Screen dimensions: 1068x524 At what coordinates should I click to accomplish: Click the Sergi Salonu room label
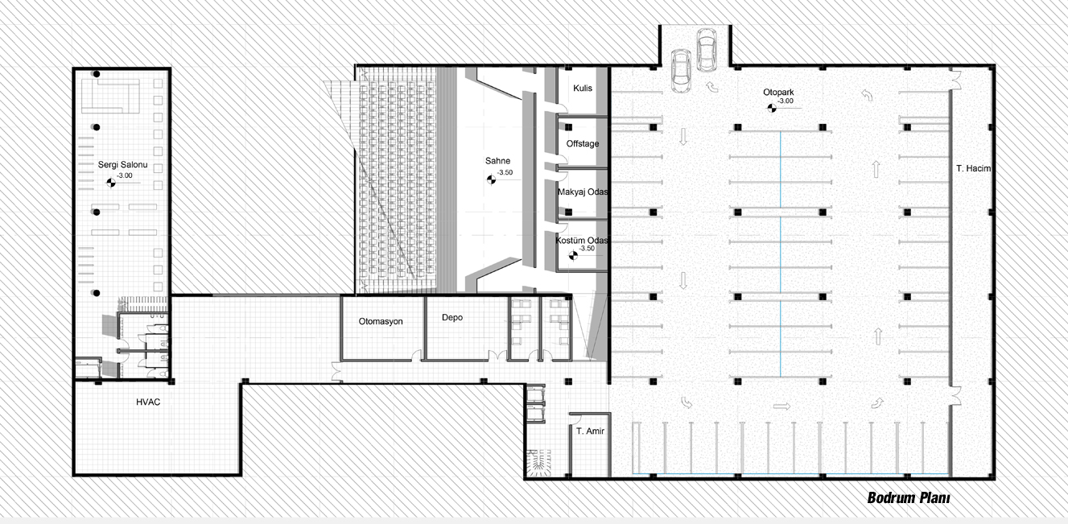point(122,165)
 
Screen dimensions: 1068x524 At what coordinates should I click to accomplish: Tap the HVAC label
point(148,402)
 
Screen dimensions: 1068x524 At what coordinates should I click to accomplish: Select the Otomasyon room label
point(381,321)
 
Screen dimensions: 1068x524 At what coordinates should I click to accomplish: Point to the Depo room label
point(452,318)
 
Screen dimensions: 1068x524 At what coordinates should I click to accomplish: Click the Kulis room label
point(583,89)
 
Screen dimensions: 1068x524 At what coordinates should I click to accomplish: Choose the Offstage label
point(583,143)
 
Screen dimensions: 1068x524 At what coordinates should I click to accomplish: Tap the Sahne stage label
point(497,161)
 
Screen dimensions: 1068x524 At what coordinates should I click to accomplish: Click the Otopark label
point(778,93)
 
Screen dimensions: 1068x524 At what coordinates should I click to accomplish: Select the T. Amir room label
point(590,431)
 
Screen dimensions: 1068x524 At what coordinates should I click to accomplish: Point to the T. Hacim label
point(974,168)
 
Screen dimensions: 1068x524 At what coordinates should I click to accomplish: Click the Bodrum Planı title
point(909,498)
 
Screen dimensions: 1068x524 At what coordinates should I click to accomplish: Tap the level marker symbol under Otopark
point(771,108)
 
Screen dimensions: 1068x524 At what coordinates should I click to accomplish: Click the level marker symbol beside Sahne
point(491,179)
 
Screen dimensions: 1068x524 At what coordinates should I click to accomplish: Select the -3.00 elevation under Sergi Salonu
point(125,175)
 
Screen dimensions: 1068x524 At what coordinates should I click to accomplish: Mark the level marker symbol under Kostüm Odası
point(573,256)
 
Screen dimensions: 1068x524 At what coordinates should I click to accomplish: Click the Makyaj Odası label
point(583,192)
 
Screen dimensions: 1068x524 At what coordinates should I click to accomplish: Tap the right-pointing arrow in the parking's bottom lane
point(781,406)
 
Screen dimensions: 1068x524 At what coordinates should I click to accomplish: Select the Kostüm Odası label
point(582,241)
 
